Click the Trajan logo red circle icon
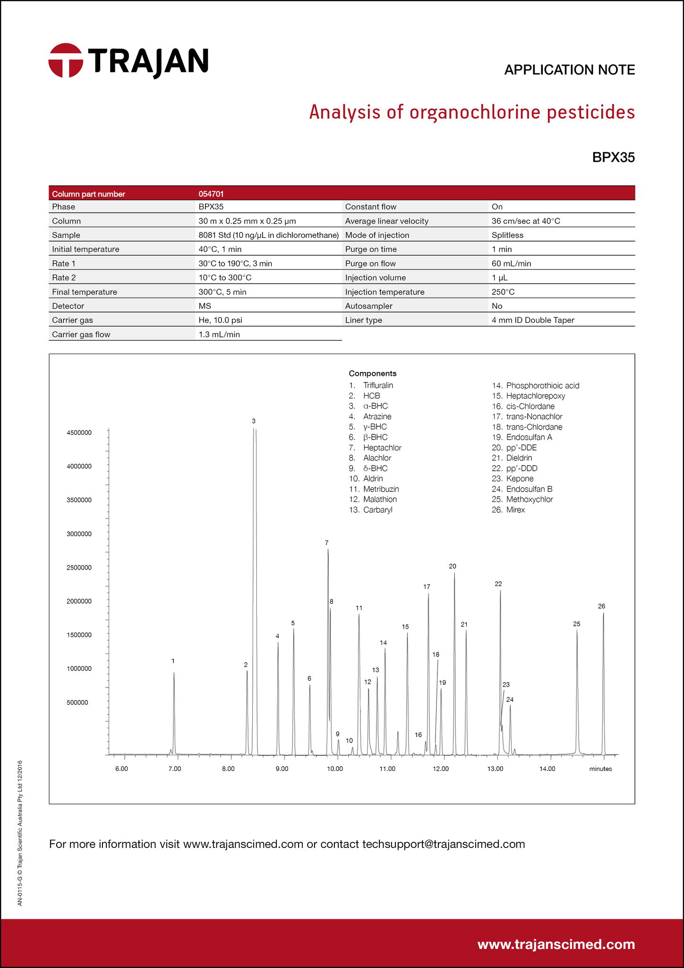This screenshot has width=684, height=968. [66, 60]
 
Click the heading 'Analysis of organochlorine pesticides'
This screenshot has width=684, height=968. [471, 112]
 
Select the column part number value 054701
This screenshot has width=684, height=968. [211, 194]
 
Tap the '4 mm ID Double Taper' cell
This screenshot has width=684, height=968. [533, 320]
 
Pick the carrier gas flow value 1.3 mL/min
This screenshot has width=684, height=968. [219, 335]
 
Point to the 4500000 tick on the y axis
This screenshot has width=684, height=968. [79, 433]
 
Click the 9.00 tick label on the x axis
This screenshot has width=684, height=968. [282, 769]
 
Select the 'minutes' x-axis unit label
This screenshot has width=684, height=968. [600, 769]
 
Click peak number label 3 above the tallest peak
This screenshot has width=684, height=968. [254, 421]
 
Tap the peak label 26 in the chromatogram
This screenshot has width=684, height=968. [601, 606]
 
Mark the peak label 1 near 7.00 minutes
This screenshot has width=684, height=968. [173, 661]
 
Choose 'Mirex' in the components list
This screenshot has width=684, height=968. [515, 510]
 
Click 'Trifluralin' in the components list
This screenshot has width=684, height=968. [378, 386]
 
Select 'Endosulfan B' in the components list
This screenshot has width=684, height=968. [529, 489]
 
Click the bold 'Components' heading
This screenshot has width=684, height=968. [373, 373]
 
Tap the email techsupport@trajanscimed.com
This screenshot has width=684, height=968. [444, 844]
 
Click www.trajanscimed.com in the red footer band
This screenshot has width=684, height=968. [556, 944]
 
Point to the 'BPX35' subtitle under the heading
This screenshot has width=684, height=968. [613, 157]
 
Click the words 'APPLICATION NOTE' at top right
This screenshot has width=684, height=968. [569, 70]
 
